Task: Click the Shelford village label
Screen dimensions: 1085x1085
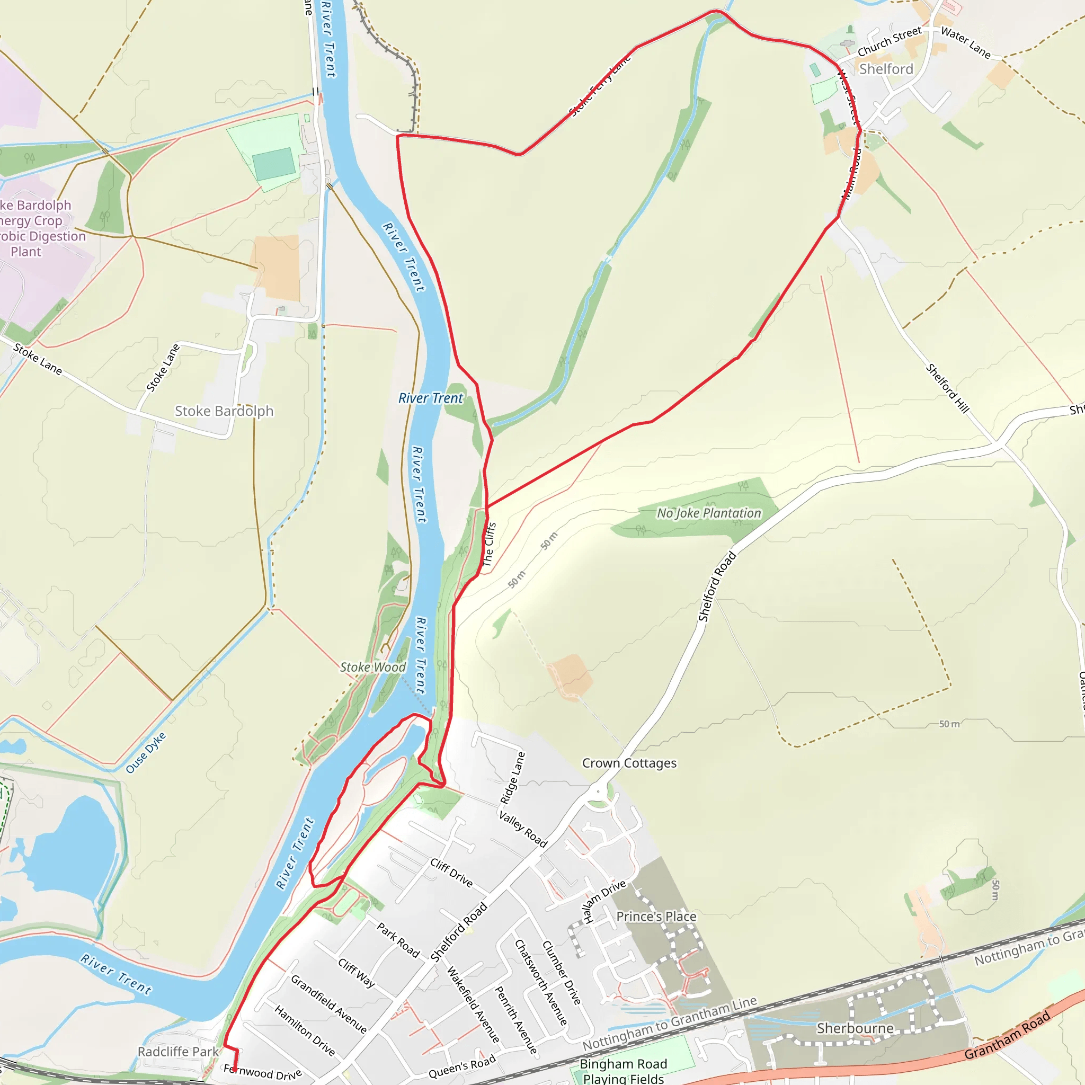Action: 886,69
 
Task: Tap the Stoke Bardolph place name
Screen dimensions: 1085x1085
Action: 224,411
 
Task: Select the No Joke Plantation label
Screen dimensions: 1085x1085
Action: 709,513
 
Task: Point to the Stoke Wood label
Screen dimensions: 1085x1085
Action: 373,667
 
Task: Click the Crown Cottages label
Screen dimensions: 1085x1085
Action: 629,763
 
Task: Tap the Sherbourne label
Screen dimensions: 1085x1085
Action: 855,1028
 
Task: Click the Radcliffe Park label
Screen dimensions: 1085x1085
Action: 178,1051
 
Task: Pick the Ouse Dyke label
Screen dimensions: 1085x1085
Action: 146,752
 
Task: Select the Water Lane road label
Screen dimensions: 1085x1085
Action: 965,43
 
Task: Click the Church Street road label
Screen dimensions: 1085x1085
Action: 890,41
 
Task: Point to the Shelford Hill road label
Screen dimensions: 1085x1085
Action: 947,388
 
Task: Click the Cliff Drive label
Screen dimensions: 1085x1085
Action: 451,872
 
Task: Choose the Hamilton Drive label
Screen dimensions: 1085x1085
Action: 305,1030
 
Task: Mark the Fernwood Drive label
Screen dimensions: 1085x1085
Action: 262,1072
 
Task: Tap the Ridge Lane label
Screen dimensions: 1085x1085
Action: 513,778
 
